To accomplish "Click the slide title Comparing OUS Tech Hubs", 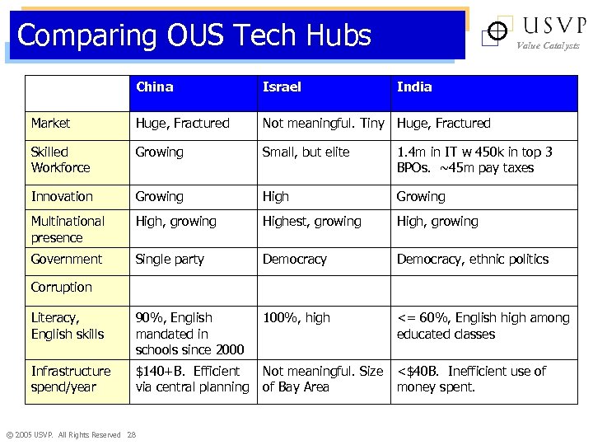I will pyautogui.click(x=194, y=35).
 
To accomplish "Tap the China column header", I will pyautogui.click(x=155, y=87).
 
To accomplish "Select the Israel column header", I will pyautogui.click(x=282, y=87).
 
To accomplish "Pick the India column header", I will pyautogui.click(x=414, y=87).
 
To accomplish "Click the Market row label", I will pyautogui.click(x=51, y=123).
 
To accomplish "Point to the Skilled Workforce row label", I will pyautogui.click(x=61, y=160).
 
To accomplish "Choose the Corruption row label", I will pyautogui.click(x=62, y=287).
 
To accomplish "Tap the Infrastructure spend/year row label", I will pyautogui.click(x=71, y=379).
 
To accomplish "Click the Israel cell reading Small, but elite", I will pyautogui.click(x=306, y=152).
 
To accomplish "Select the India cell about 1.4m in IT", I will pyautogui.click(x=474, y=160).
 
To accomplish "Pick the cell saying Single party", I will pyautogui.click(x=170, y=259).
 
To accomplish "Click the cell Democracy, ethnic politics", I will pyautogui.click(x=473, y=259).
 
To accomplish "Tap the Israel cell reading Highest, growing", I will pyautogui.click(x=311, y=221).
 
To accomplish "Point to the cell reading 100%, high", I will pyautogui.click(x=296, y=317).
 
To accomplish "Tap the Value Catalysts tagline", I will pyautogui.click(x=548, y=46).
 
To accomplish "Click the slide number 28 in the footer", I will pyautogui.click(x=132, y=435).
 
